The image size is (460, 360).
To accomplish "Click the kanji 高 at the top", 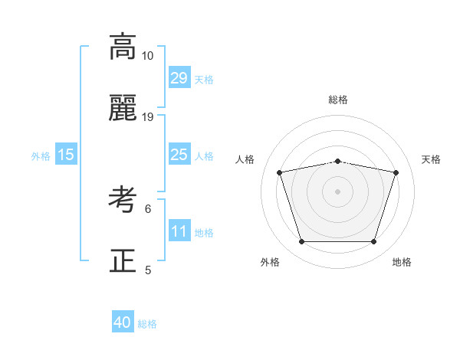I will pos(123,47).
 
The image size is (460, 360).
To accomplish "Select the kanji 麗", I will pos(123,109).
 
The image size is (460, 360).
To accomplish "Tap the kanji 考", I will pos(123,200).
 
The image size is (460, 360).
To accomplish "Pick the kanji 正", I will pos(123,261).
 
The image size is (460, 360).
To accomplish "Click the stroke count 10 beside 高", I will pos(147,56).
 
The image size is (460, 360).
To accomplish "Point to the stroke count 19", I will pos(148,117).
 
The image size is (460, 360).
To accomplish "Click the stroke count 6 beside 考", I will pos(148,208).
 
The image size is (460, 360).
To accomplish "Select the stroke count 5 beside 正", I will pos(148,270).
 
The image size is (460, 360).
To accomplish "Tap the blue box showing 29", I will pos(179,78).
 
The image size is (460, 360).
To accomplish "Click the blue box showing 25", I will pos(179,155).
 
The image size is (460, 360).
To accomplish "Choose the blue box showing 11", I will pos(179,231).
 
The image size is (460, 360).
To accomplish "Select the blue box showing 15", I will pos(66,155).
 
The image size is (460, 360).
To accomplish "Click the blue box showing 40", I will pos(123,322).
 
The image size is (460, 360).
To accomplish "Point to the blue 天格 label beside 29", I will pos(204,80).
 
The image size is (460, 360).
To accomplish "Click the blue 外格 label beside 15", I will pos(41,156).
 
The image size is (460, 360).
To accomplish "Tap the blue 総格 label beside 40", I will pos(147,324).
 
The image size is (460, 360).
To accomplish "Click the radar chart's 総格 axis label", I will pos(338,100).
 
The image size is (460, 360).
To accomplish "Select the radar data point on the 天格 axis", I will pos(396,172).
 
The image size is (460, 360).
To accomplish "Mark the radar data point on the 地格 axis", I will pos(373,242).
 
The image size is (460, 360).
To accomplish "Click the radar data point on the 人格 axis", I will pos(280,172).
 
